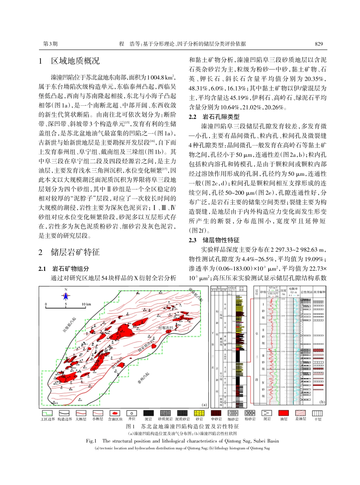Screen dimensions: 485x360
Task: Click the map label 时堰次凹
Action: point(166,327)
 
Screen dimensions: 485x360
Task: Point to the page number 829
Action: point(319,44)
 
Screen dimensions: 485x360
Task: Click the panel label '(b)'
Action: point(322,402)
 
